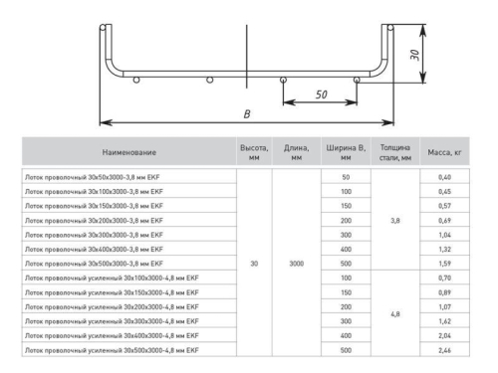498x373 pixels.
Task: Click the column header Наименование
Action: pyautogui.click(x=126, y=153)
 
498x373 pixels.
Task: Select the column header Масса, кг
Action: pyautogui.click(x=444, y=153)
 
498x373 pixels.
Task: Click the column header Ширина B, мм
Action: pyautogui.click(x=346, y=153)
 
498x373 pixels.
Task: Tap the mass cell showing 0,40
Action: pyautogui.click(x=444, y=176)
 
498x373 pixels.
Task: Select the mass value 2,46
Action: pyautogui.click(x=444, y=352)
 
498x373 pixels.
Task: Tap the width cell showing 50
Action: pyautogui.click(x=346, y=176)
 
